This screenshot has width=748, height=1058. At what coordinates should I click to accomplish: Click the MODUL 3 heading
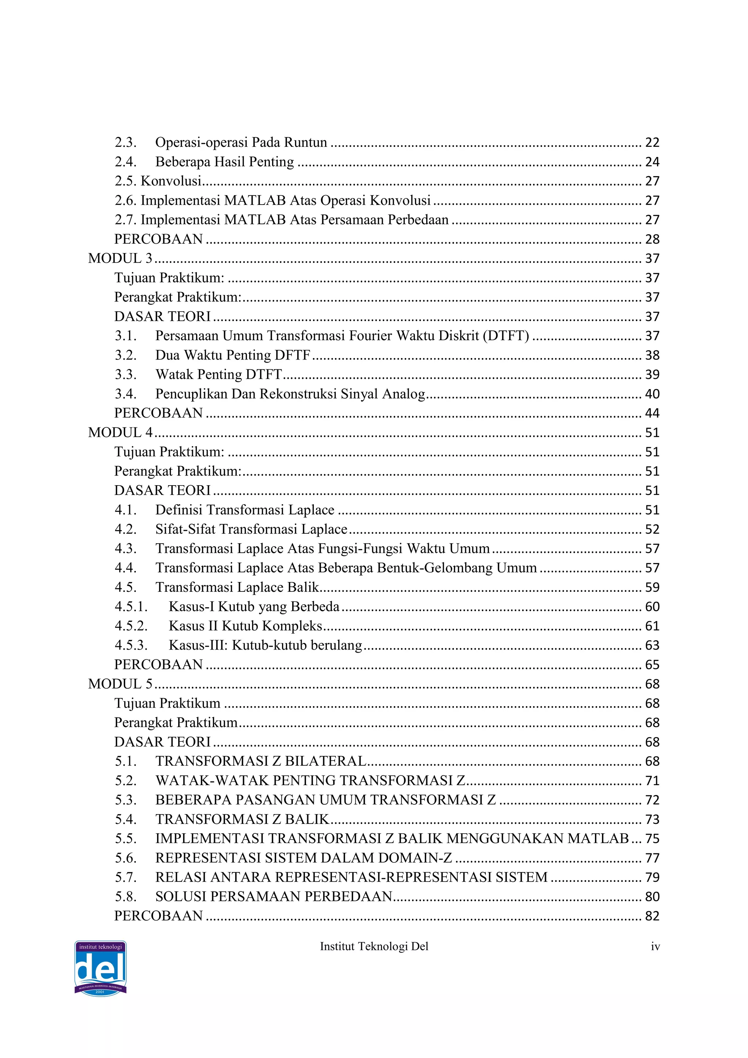(120, 259)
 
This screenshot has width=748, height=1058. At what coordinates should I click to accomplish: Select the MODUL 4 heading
(120, 433)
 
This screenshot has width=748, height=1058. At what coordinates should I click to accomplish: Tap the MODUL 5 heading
(120, 684)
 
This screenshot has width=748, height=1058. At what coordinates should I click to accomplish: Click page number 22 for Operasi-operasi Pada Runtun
(652, 142)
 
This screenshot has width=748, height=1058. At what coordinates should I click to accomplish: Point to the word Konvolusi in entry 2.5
(171, 181)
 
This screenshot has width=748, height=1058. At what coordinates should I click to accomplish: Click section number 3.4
(125, 394)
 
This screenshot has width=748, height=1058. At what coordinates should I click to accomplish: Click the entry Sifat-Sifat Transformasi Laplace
(251, 529)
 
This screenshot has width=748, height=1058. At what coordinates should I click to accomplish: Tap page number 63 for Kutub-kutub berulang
(652, 645)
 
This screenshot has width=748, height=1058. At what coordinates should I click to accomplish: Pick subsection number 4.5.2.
(131, 626)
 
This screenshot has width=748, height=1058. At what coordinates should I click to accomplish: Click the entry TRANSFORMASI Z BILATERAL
(261, 761)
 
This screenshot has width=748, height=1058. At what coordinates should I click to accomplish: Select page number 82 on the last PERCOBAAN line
(652, 916)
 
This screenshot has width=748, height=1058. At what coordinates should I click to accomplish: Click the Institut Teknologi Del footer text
(374, 947)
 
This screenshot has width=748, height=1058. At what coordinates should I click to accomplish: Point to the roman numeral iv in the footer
(655, 947)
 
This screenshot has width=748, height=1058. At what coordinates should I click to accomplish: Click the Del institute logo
(100, 968)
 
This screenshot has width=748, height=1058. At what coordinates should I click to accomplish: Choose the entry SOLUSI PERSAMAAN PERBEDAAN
(274, 897)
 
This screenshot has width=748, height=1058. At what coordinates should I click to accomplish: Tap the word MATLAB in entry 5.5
(598, 839)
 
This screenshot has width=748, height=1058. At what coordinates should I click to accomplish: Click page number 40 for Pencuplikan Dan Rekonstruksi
(652, 394)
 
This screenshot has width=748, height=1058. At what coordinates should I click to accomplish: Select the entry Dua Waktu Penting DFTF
(233, 355)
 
